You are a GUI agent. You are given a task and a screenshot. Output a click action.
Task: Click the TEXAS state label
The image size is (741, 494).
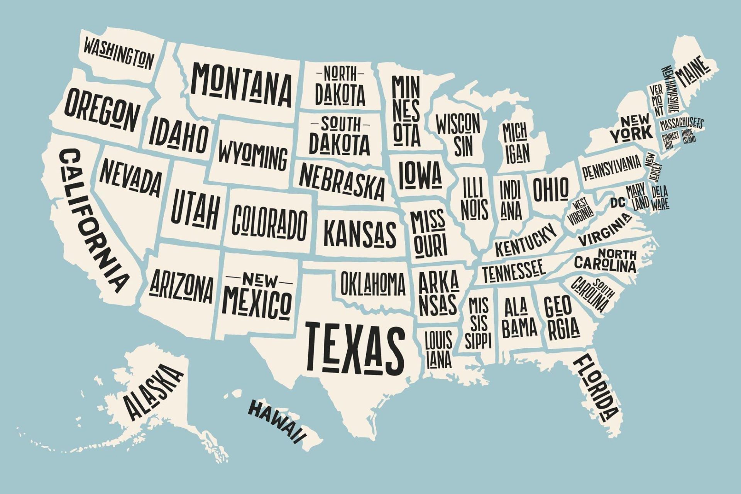355,346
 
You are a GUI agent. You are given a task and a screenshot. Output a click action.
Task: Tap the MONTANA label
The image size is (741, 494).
241,84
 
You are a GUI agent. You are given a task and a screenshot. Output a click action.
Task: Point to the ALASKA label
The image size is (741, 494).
152,392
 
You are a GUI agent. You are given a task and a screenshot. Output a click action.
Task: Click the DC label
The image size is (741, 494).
617,202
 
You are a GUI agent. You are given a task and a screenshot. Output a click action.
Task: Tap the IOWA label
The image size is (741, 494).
420,175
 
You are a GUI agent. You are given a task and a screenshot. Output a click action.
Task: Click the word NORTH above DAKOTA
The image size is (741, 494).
340,73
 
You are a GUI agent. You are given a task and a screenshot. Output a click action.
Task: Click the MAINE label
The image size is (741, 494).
693,71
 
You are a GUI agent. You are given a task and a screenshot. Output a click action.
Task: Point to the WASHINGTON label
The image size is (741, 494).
118,53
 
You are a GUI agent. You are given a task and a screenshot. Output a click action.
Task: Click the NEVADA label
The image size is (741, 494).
130,178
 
